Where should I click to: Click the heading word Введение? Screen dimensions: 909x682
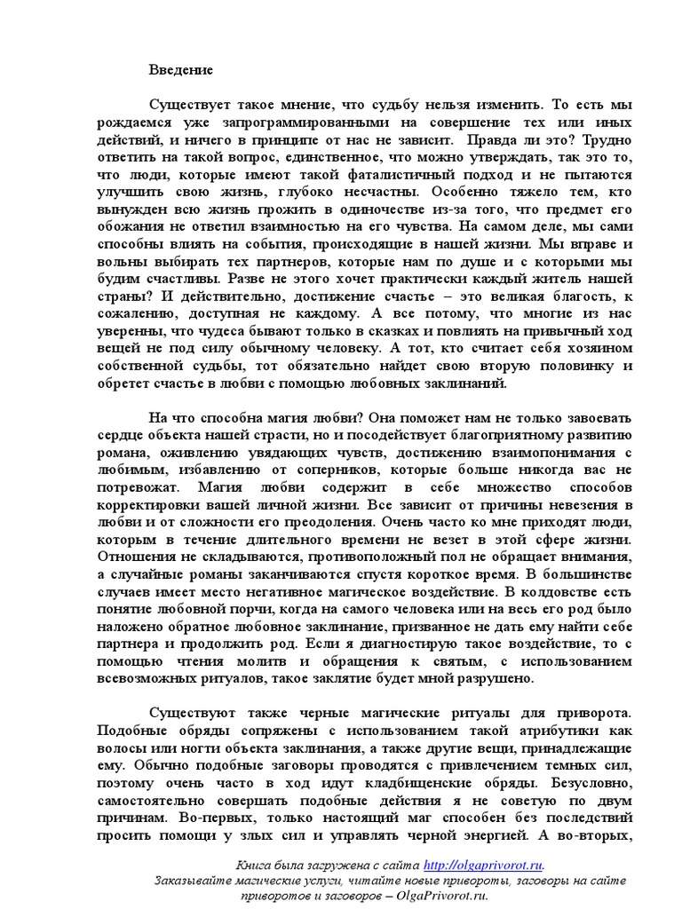point(180,68)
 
